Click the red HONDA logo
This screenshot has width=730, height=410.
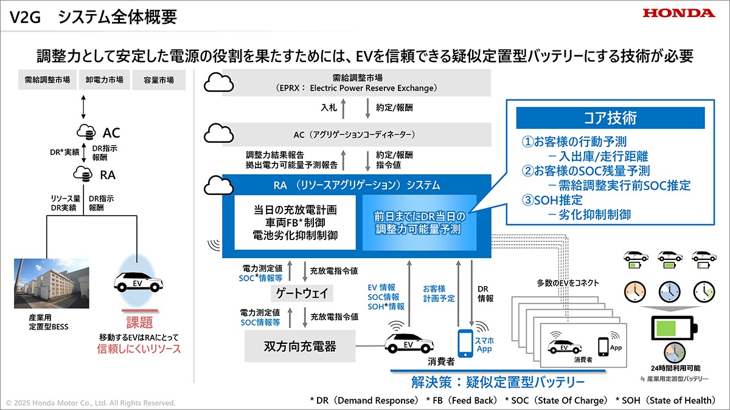pos(679,13)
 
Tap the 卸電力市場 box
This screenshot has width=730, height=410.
pos(104,80)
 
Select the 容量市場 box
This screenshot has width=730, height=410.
pos(159,80)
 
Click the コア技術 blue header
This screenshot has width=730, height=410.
pos(610,118)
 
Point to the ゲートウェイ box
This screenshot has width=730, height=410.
pos(302,293)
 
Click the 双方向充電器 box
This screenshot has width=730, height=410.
pos(300,346)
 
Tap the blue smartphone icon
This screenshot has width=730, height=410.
pos(465,343)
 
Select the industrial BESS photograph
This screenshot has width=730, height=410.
pos(52,284)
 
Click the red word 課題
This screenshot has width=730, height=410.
pos(139,322)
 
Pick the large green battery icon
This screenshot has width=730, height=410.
pos(674,328)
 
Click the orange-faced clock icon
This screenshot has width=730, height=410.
pos(635,292)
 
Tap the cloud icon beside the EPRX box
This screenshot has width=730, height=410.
pos(218,83)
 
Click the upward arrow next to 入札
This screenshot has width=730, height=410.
pos(343,109)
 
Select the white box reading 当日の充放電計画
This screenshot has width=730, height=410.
pos(295,222)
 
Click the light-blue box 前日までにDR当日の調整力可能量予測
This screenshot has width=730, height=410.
pos(419,222)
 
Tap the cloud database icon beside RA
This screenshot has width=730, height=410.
pos(83,174)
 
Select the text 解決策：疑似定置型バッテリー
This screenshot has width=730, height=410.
pos(498,382)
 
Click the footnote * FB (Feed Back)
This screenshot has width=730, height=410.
pos(462,400)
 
